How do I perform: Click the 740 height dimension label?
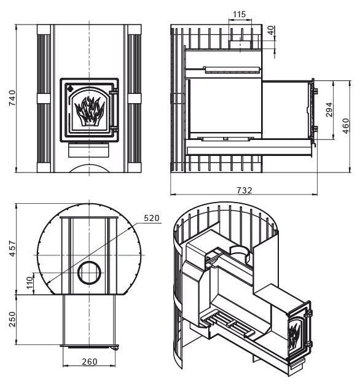pos(12,98)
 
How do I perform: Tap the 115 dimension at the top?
pos(239,14)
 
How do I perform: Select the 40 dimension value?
pos(272,30)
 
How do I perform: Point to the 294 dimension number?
pos(329,110)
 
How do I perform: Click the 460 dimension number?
pos(346,126)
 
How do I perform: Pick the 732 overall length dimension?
pos(245,190)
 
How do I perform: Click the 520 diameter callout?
pos(152,218)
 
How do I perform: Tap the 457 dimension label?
pos(12,248)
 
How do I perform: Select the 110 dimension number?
pos(29,283)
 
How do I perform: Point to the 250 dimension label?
pos(12,319)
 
